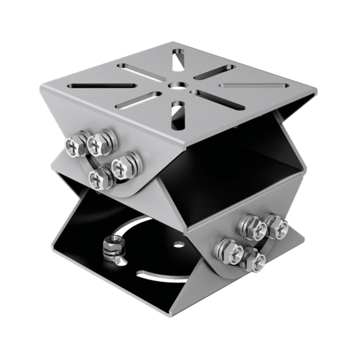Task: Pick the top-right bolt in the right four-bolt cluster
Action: [274, 226]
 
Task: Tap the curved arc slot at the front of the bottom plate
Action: [166, 274]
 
